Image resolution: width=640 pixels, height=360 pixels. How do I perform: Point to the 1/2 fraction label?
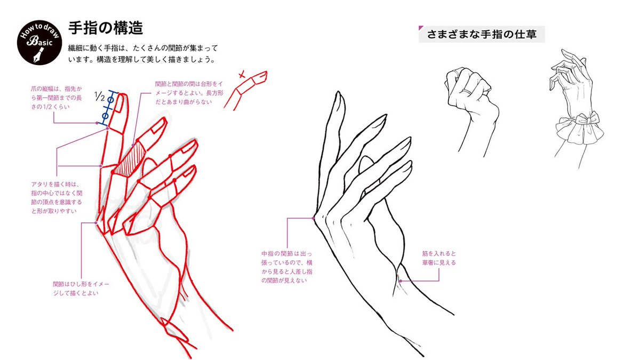pos(99,97)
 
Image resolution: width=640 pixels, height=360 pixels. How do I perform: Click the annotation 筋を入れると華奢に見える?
pos(438,258)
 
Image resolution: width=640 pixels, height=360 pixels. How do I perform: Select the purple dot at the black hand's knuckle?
pos(314,218)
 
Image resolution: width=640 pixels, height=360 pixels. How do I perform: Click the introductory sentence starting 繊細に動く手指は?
pos(143,53)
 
